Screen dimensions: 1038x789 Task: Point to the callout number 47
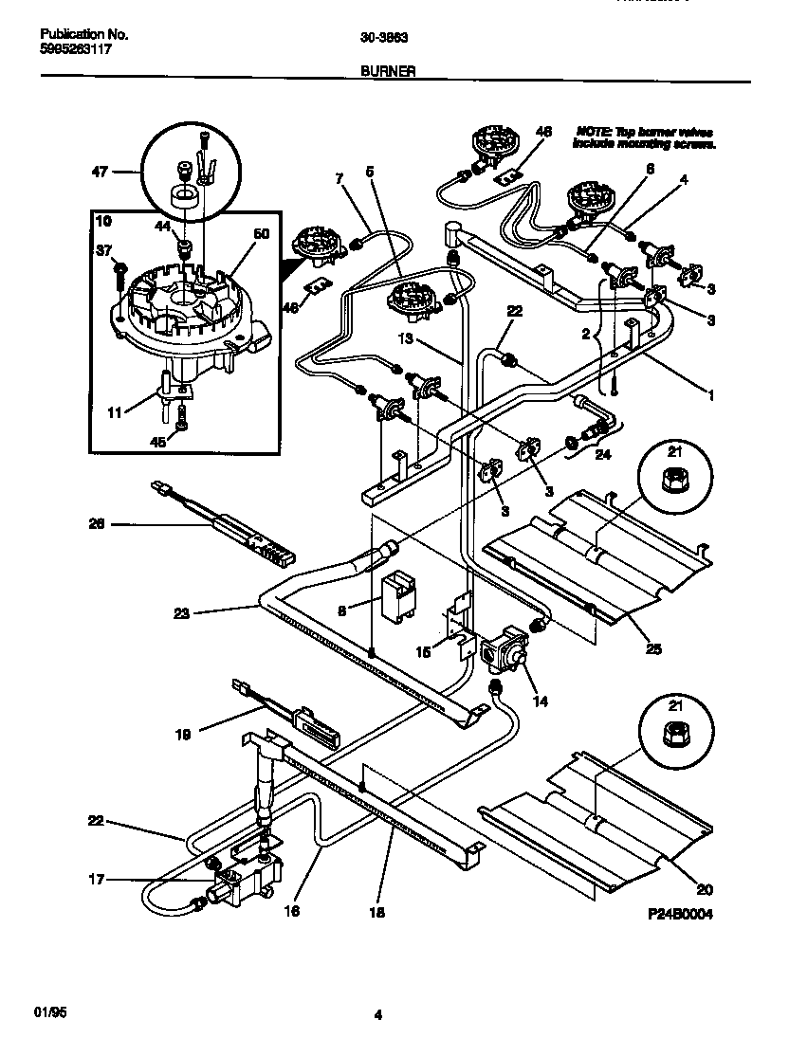[x=99, y=172]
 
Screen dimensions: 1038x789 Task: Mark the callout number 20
[x=703, y=890]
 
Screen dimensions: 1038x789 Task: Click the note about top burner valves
[x=644, y=137]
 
